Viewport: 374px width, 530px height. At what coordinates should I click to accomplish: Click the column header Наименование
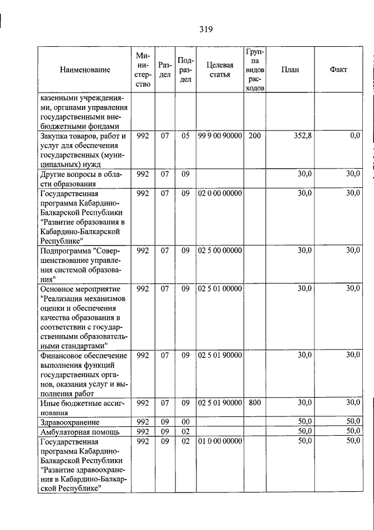point(85,70)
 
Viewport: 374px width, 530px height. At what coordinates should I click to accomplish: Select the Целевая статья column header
point(220,70)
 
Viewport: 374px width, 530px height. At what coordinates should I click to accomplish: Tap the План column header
point(290,70)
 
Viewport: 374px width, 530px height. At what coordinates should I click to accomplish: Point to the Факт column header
point(338,70)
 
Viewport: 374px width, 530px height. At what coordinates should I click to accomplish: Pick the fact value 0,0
point(354,136)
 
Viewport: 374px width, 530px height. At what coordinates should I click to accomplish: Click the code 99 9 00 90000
point(220,136)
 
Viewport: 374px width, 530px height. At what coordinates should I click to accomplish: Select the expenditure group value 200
point(254,136)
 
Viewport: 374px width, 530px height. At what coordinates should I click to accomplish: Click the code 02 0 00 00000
point(220,193)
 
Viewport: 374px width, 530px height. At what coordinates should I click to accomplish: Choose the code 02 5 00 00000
point(220,251)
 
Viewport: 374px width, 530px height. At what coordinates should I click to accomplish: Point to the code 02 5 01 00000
point(220,289)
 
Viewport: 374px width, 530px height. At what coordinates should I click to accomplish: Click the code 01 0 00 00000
point(220,441)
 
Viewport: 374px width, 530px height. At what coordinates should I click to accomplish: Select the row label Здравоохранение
point(69,422)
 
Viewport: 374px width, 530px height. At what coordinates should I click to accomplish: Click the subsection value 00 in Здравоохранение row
point(185,422)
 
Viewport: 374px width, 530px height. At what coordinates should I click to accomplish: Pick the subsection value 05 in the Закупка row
point(185,136)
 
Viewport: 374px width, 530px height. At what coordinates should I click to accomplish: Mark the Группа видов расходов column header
point(254,70)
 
